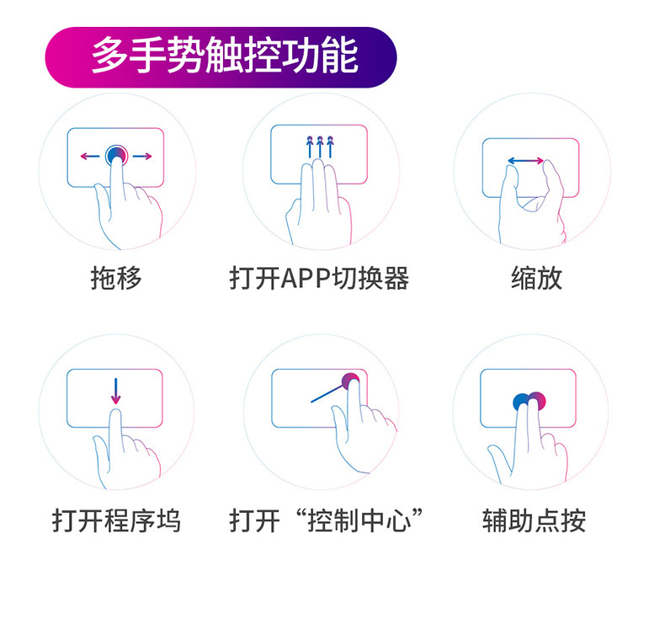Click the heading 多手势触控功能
pos(224,56)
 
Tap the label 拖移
pos(116,278)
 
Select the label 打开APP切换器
pos(319,278)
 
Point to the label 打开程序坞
pos(116,520)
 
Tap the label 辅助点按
pos(534,520)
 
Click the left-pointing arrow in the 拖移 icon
pos(88,156)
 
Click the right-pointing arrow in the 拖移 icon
pos(142,156)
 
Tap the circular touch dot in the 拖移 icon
pos(116,155)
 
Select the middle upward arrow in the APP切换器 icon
pos(320,146)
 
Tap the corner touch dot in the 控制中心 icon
pos(351,381)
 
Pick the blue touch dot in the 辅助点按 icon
pos(522,402)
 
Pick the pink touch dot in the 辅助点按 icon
pos(538,401)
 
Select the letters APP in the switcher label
pos(297,278)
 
